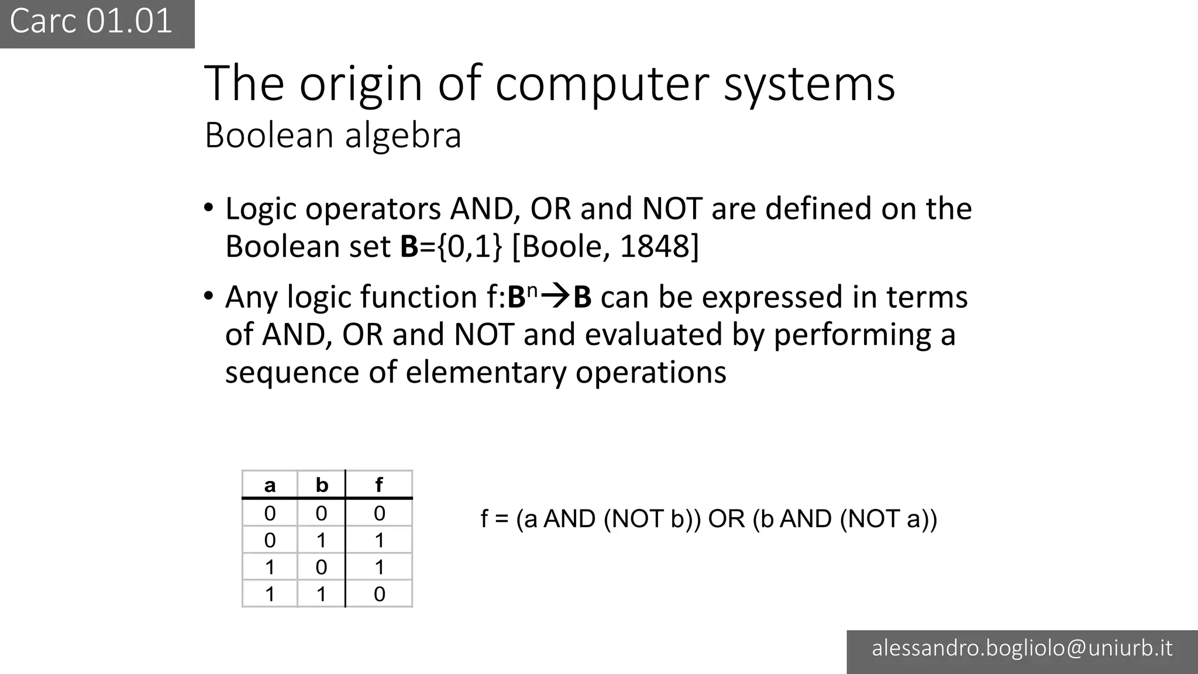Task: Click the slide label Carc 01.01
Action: pos(91,22)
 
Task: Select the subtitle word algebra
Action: pos(403,136)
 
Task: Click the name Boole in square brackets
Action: pos(561,246)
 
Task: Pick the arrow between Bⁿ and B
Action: pos(555,297)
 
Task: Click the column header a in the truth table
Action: pos(270,485)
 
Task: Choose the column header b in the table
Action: pos(322,485)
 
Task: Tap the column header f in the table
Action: pos(379,485)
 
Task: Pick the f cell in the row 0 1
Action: pos(379,540)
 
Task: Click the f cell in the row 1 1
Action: pos(379,594)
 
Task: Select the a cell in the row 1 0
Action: pos(270,567)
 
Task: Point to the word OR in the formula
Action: pos(727,519)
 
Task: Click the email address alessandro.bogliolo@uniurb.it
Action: pos(1022,648)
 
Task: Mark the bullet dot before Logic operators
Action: pos(209,208)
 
